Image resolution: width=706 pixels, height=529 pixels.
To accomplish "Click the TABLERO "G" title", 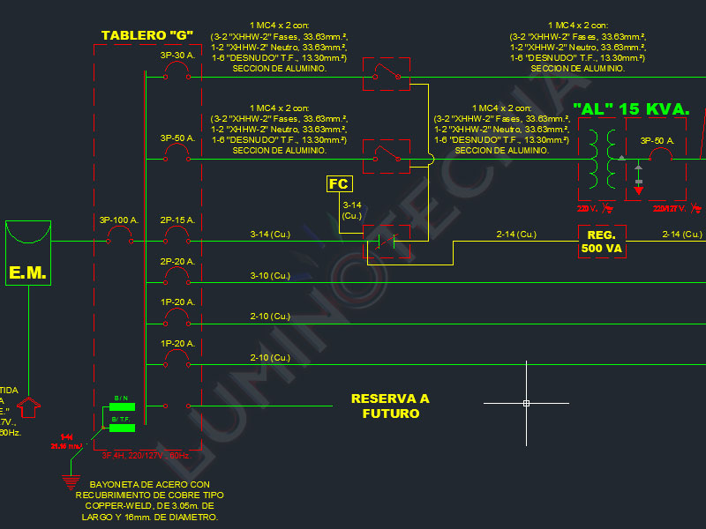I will point(147,35).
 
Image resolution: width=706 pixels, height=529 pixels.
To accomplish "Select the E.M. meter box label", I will point(27,272).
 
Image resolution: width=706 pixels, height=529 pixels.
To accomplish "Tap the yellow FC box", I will point(339,183).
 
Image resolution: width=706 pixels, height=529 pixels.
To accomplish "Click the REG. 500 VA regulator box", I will point(602,241).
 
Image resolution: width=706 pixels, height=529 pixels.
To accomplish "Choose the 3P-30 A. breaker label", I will point(177,56).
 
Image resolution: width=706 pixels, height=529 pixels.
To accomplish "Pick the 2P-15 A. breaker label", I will point(177,220).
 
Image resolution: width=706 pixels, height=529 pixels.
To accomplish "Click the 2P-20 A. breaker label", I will point(177,262).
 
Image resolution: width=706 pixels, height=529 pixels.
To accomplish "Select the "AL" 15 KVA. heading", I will point(630,108).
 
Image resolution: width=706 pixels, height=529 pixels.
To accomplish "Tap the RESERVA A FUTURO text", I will point(389,406).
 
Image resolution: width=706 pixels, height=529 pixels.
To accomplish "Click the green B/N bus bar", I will point(122,406).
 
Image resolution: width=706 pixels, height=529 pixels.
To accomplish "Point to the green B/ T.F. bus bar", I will point(122,428).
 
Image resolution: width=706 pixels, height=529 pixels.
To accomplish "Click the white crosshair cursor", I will point(526,403).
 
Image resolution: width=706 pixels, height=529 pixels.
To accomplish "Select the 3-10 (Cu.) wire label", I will point(270,276).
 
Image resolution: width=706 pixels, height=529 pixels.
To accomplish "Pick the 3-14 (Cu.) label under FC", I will point(352,210).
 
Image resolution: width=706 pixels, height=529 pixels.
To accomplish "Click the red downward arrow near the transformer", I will point(639,190).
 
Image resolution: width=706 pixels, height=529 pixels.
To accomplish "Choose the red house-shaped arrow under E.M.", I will point(29,406).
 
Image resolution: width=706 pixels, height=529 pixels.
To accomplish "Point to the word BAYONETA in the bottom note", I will point(116,485).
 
